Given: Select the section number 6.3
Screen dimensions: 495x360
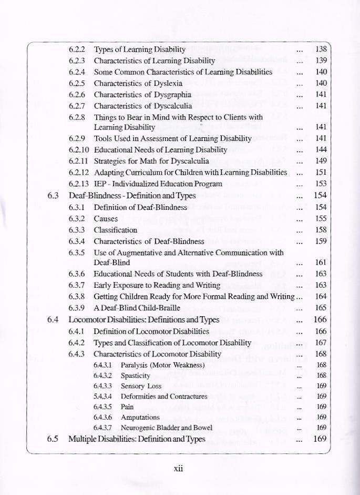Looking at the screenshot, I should [53, 196].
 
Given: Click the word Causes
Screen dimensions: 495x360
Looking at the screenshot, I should [106, 218].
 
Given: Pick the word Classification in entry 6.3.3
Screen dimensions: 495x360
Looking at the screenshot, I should [116, 230].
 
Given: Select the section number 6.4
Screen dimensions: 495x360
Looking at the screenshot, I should [53, 319].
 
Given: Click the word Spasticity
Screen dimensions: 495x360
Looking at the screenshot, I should [136, 376].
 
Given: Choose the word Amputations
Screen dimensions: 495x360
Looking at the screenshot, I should [140, 417].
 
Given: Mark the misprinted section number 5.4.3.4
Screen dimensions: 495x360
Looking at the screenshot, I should [104, 396].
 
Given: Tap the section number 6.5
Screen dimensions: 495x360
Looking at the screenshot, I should [53, 439].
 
